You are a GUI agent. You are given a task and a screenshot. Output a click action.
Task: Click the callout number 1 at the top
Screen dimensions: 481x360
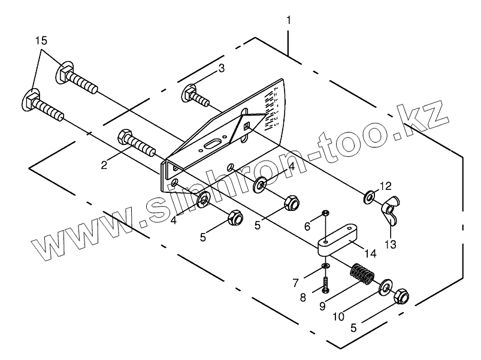(x=289, y=20)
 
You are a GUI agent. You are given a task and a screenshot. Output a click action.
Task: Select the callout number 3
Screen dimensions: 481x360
(x=221, y=68)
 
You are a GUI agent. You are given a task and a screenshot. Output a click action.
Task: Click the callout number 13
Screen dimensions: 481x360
(x=391, y=244)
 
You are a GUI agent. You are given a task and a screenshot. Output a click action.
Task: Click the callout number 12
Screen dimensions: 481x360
(x=385, y=186)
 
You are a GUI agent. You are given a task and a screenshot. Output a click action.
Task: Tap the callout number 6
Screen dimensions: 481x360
(x=307, y=226)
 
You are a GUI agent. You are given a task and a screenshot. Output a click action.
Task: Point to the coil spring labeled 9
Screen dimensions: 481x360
(x=361, y=276)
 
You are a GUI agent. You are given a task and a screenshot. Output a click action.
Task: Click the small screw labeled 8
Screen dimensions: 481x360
(x=325, y=282)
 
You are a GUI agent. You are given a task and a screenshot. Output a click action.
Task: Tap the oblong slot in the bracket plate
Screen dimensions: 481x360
(x=213, y=145)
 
